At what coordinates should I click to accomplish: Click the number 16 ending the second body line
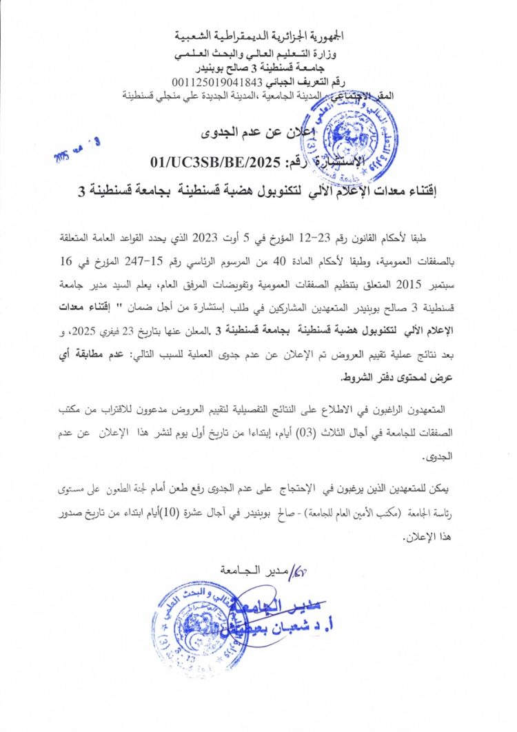coord(71,263)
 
